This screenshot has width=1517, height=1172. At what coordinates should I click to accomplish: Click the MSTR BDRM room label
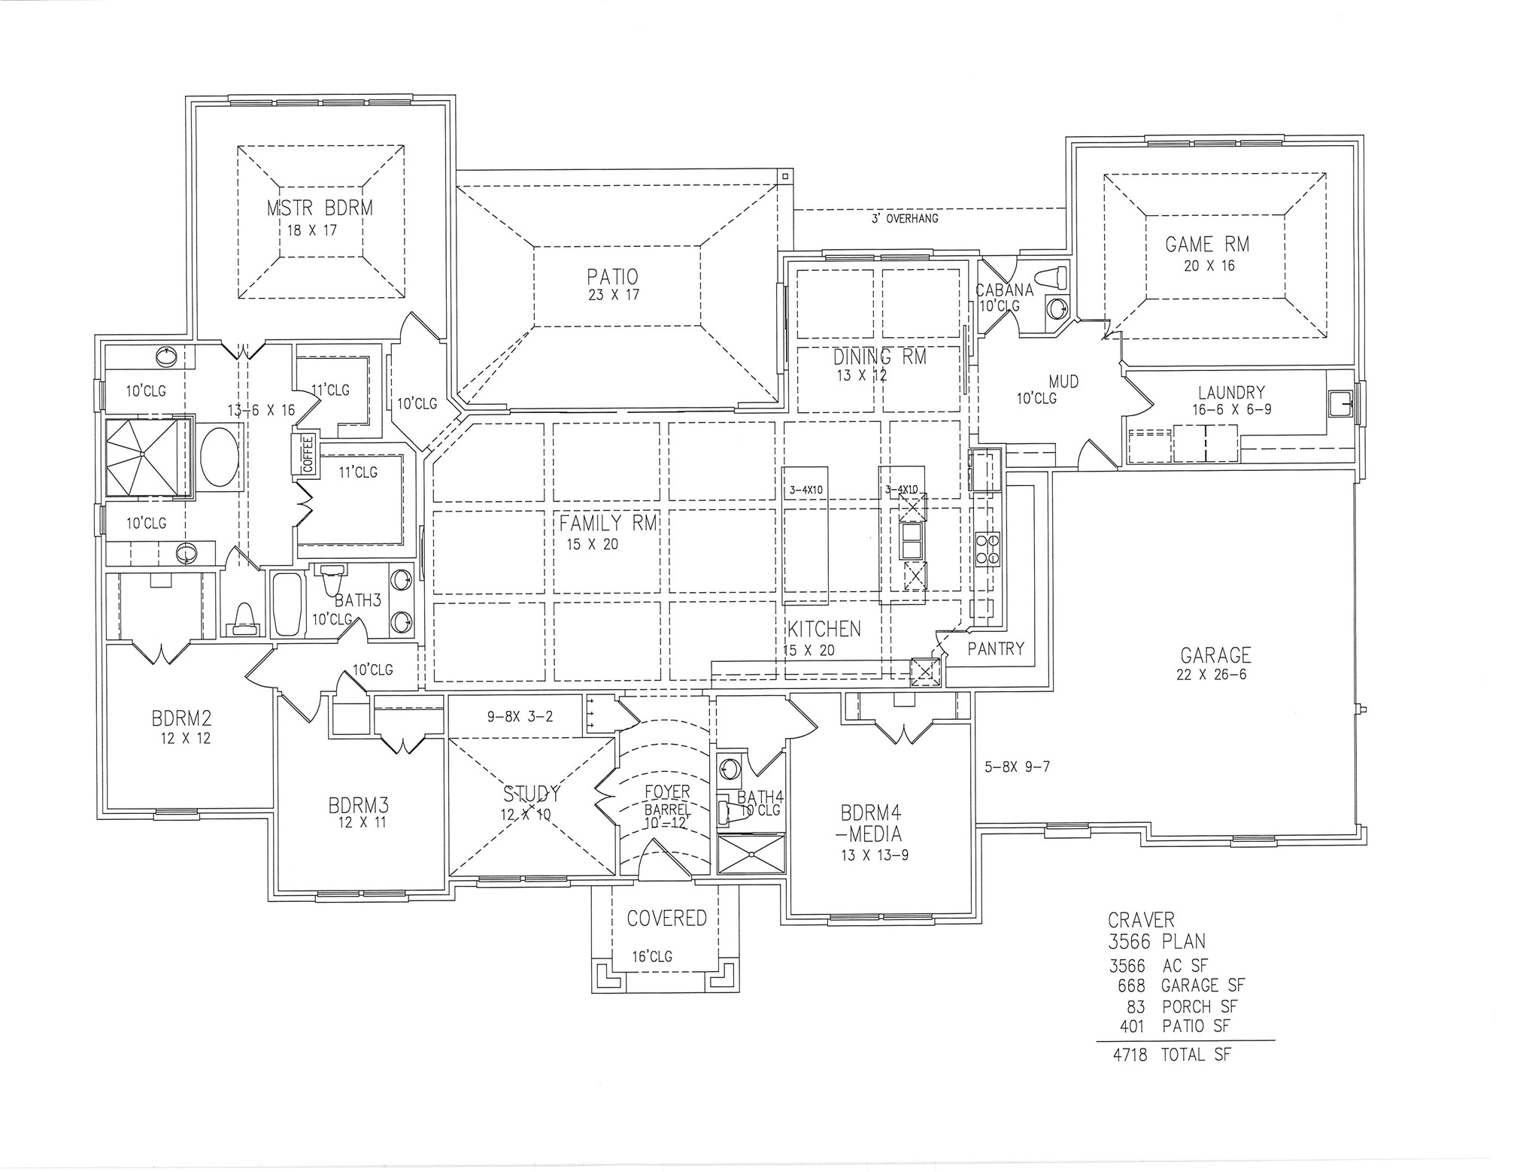[x=320, y=208]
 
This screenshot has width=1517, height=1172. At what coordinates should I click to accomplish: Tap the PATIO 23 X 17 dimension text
[x=614, y=296]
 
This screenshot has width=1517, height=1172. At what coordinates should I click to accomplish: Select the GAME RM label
[x=1207, y=244]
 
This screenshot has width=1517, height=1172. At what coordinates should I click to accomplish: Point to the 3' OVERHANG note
[x=904, y=219]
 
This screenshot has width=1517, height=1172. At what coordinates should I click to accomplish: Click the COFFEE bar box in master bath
[x=307, y=454]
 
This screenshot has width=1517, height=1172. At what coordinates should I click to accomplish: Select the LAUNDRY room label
[x=1231, y=393]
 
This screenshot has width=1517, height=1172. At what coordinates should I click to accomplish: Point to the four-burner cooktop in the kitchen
[x=987, y=549]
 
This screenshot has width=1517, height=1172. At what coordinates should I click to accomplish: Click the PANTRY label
[x=996, y=648]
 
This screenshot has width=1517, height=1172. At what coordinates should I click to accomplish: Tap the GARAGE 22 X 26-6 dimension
[x=1211, y=675]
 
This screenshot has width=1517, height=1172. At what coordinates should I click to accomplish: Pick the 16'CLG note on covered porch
[x=651, y=957]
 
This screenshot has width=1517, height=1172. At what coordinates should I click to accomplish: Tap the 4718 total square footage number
[x=1130, y=1055]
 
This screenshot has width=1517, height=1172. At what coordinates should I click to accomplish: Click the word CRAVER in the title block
[x=1140, y=919]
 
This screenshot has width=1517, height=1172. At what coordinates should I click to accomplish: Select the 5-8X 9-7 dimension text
[x=1017, y=768]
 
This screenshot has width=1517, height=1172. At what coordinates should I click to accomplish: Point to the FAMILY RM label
[x=608, y=523]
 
